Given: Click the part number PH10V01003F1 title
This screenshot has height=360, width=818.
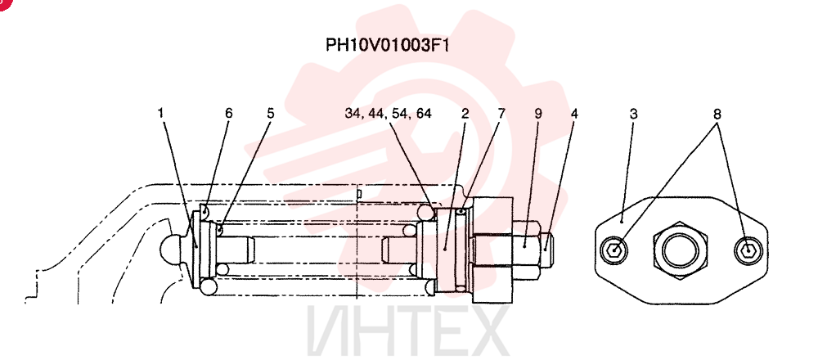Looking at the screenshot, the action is tap(387, 44).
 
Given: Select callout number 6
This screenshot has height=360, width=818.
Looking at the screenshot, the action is tap(228, 113).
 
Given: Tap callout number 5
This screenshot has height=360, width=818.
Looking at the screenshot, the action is tap(270, 113).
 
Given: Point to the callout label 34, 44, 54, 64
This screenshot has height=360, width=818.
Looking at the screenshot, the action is tap(388, 114).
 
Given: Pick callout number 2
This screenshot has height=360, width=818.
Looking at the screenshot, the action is tap(465, 113).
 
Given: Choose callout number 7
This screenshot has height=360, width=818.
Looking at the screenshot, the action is tap(501, 113).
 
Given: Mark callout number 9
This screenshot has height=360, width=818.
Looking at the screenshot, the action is tap(538, 113).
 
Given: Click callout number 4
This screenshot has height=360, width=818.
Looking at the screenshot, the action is tap(574, 113).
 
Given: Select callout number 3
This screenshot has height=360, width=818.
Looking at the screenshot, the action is tap(633, 113).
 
